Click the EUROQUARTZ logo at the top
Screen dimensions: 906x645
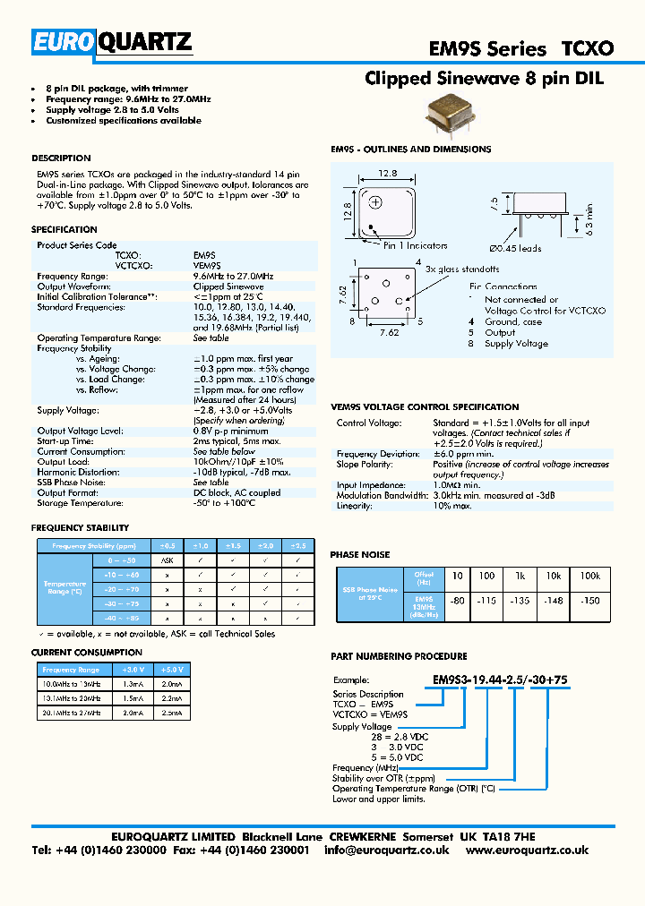coord(112,42)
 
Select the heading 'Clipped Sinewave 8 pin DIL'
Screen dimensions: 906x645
coord(484,79)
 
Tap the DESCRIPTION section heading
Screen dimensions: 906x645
coord(61,158)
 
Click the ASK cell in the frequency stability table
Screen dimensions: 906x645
coord(167,560)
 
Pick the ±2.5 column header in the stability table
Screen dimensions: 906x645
coord(298,545)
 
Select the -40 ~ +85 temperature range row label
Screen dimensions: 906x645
coord(122,619)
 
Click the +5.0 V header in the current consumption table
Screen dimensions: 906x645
coord(170,670)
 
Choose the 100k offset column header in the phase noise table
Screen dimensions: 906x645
coord(589,576)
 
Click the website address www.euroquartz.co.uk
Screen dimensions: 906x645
coord(527,850)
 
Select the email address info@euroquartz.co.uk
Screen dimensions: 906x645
coord(386,850)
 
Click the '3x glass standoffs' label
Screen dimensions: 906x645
coord(462,269)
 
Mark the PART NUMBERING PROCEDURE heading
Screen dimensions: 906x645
coord(399,656)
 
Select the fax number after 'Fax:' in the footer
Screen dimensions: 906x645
coord(266,850)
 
